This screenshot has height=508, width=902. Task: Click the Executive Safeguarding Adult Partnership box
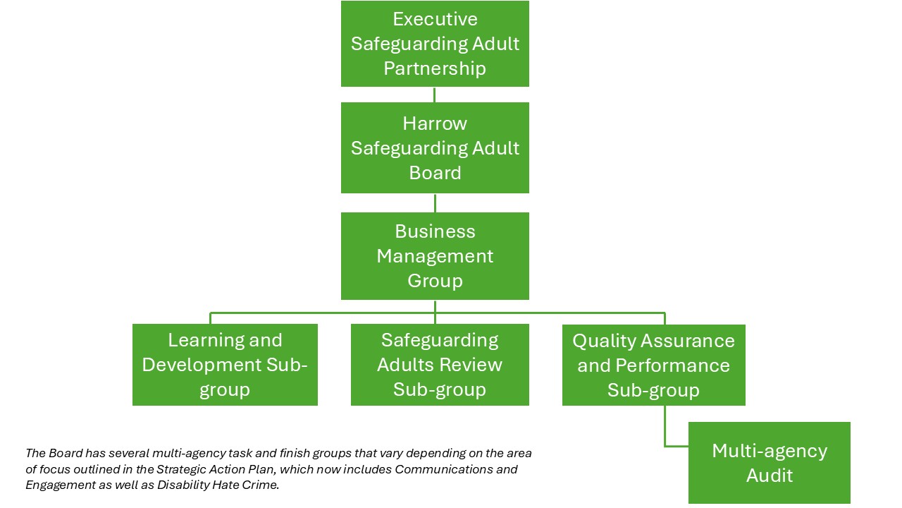tap(435, 44)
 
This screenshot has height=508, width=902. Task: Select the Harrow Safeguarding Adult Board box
tap(435, 148)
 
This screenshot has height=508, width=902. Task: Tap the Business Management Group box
tap(435, 256)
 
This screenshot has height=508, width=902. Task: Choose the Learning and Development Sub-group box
tap(225, 365)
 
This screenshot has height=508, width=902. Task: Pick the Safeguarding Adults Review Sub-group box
tap(440, 365)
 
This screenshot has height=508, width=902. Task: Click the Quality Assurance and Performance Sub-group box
tap(653, 365)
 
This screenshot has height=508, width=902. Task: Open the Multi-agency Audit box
tap(770, 463)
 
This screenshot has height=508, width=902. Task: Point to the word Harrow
tap(435, 123)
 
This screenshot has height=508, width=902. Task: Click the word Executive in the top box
tap(435, 19)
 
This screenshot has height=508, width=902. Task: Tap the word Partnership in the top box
tap(435, 68)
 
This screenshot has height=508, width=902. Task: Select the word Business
tap(435, 231)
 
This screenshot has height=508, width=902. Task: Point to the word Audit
tap(770, 476)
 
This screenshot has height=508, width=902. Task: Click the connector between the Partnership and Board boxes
tap(434, 95)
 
